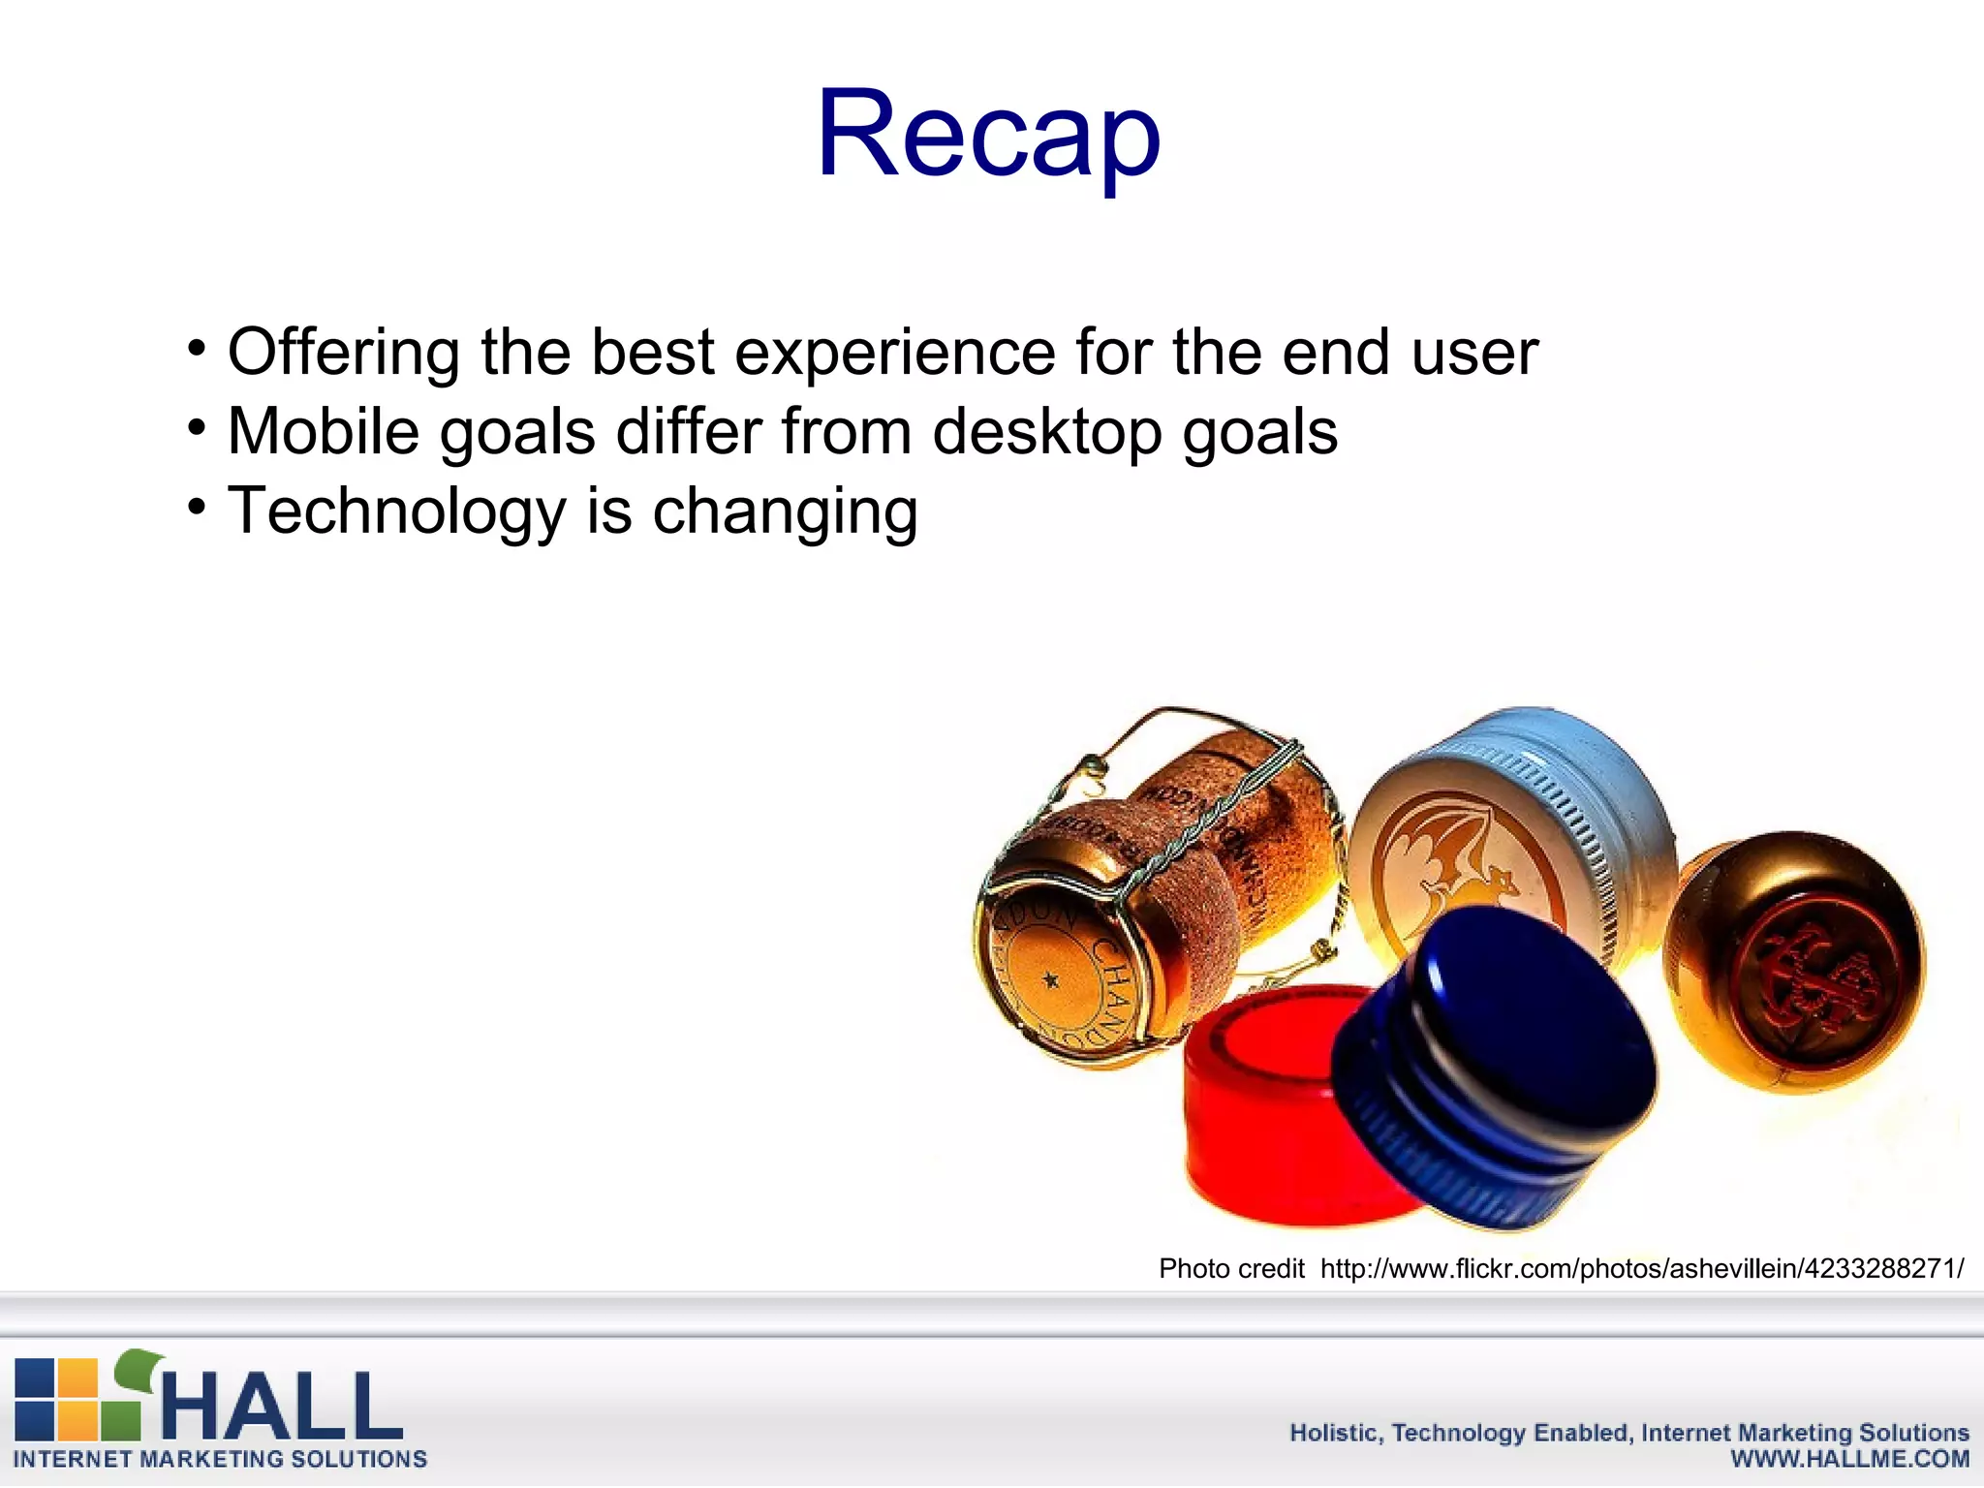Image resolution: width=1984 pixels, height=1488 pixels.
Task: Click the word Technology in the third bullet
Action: (396, 512)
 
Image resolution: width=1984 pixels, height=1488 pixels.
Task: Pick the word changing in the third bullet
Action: (785, 514)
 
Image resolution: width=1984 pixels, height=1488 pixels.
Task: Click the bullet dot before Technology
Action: (198, 507)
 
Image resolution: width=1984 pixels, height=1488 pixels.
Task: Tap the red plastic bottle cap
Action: (1250, 1114)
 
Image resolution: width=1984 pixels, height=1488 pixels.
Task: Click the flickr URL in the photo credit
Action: (1641, 1269)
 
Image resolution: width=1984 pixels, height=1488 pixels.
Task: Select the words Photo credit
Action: (1231, 1269)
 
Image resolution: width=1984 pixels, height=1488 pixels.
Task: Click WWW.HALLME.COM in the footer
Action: (1849, 1460)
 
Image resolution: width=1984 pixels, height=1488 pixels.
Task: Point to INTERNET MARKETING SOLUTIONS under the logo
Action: (220, 1460)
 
